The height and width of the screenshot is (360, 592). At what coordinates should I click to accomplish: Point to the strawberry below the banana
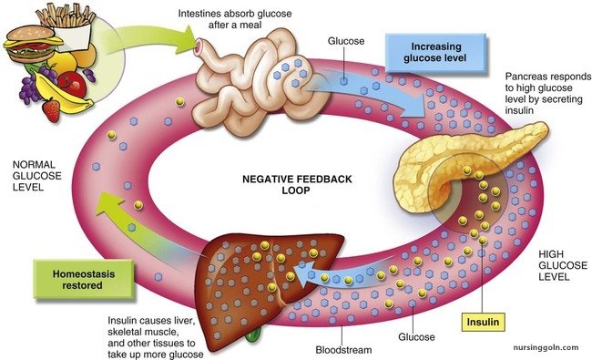point(52,111)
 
